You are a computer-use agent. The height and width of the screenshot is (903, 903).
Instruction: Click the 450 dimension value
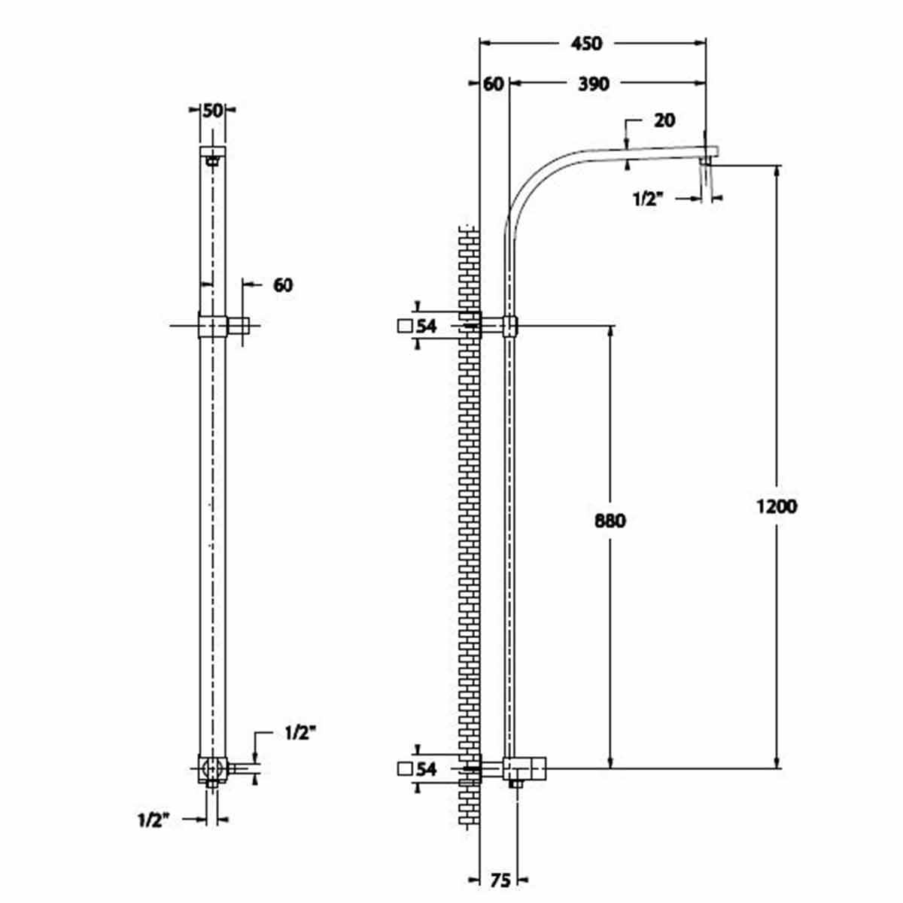coord(585,44)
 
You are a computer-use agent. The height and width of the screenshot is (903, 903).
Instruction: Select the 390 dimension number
coord(593,84)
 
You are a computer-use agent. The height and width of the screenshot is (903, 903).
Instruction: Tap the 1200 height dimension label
coord(777,506)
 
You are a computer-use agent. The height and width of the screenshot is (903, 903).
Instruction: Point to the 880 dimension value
coord(610,521)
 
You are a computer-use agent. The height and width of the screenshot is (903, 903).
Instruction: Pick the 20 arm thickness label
coord(664,120)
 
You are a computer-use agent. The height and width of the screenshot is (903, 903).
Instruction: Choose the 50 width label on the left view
coord(212,111)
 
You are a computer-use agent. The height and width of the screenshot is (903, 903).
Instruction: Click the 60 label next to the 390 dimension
coord(493,84)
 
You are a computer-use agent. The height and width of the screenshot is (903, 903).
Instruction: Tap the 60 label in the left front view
coord(283,285)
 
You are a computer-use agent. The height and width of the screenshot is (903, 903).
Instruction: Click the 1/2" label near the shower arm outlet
coord(649,199)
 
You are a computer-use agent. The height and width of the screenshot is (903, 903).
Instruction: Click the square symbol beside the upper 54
coord(404,326)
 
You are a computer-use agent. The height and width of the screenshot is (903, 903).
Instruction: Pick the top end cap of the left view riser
coord(213,151)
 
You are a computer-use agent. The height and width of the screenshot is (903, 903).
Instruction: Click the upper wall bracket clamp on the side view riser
coord(510,326)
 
